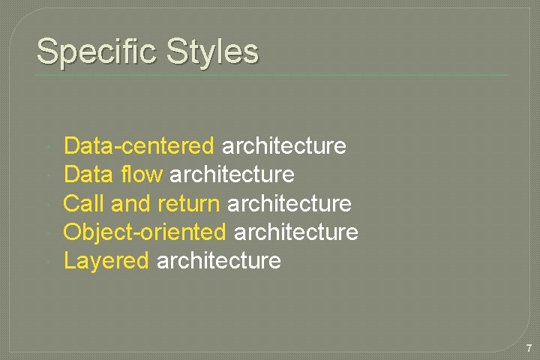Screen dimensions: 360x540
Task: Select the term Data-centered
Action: [139, 145]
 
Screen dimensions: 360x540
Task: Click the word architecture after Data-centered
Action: [284, 145]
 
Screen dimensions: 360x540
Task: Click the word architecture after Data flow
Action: [232, 175]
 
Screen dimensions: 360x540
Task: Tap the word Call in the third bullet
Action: [84, 203]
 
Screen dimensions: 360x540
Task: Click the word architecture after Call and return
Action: [289, 203]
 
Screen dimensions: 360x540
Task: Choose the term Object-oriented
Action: [145, 232]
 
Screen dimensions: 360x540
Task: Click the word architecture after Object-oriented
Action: [296, 232]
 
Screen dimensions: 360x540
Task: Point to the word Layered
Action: [106, 261]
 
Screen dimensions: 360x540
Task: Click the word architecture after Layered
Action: [219, 261]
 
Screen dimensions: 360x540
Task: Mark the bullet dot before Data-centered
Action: [47, 146]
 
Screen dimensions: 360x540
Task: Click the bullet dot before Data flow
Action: [47, 175]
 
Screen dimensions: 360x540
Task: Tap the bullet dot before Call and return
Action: [47, 204]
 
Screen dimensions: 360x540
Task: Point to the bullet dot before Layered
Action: [47, 262]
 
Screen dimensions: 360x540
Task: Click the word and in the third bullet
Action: [131, 203]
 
